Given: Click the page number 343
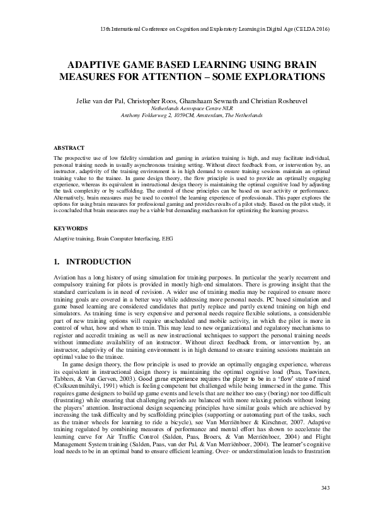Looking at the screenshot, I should (x=326, y=505).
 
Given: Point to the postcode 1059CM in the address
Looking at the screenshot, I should (x=188, y=115).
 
